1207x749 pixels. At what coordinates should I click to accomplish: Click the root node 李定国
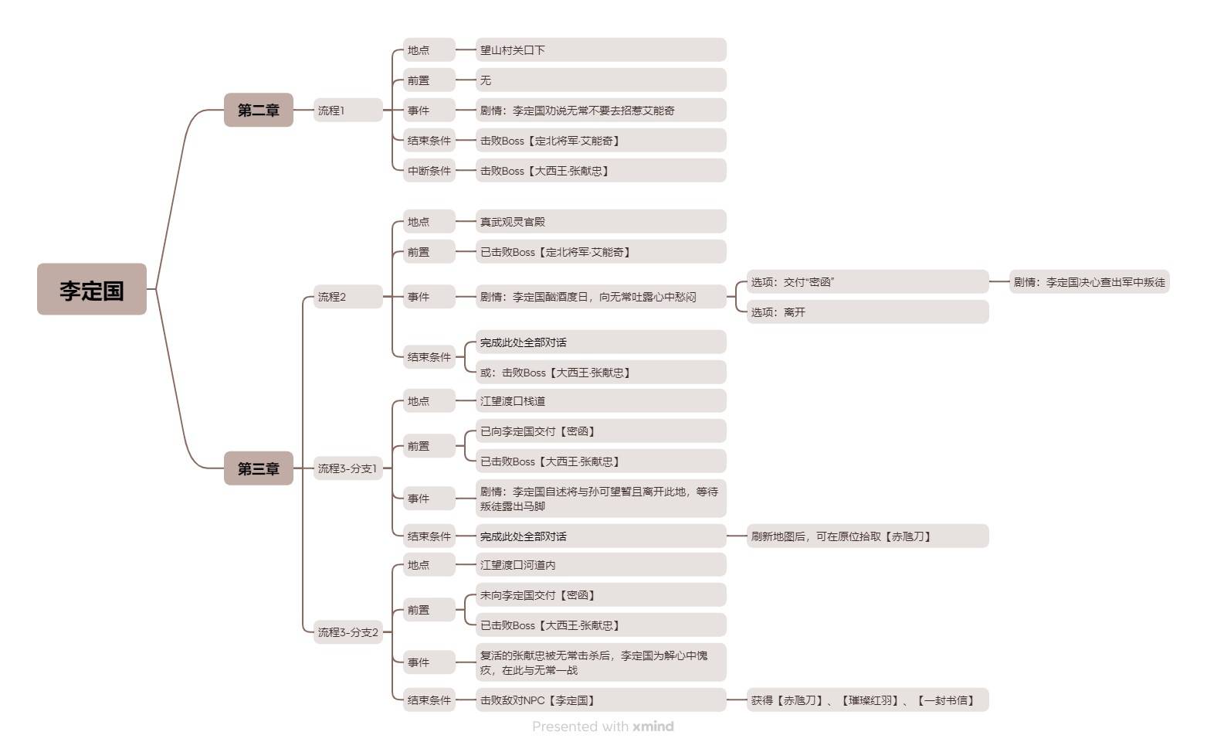pyautogui.click(x=92, y=290)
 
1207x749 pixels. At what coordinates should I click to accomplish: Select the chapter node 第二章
pyautogui.click(x=258, y=110)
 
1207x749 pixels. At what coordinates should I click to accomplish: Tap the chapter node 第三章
pyautogui.click(x=258, y=468)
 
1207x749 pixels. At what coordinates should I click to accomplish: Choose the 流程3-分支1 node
pyautogui.click(x=348, y=468)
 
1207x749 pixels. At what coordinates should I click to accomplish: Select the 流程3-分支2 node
pyautogui.click(x=348, y=632)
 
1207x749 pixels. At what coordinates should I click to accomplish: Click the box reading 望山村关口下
pyautogui.click(x=601, y=50)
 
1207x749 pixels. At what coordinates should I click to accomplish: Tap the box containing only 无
pyautogui.click(x=601, y=80)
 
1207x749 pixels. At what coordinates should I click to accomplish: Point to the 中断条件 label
pyautogui.click(x=429, y=171)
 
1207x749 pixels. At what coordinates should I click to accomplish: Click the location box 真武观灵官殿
pyautogui.click(x=601, y=222)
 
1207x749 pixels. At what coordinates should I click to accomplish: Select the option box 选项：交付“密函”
pyautogui.click(x=867, y=282)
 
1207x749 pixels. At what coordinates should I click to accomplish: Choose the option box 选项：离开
pyautogui.click(x=867, y=312)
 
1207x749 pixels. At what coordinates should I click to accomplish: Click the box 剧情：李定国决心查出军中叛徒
pyautogui.click(x=1090, y=282)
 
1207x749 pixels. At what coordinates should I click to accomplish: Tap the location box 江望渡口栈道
pyautogui.click(x=601, y=401)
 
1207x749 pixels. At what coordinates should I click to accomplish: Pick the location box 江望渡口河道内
pyautogui.click(x=601, y=565)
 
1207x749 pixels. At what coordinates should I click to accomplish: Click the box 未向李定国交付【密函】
pyautogui.click(x=601, y=595)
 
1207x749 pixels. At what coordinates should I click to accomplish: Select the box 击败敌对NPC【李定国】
pyautogui.click(x=601, y=700)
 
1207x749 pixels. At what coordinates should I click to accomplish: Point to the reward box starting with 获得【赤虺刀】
pyautogui.click(x=867, y=700)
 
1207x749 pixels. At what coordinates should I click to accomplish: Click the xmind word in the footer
pyautogui.click(x=653, y=727)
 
